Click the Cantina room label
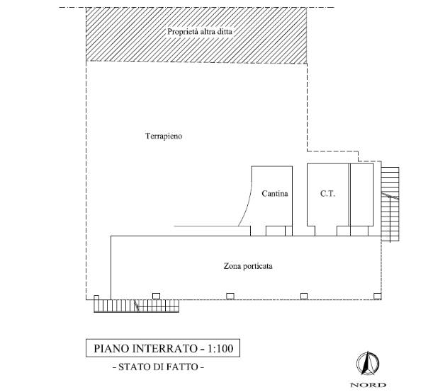275,194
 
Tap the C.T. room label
328,194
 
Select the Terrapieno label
164,136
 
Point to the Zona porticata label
248,266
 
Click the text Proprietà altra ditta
200,31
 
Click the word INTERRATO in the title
165,348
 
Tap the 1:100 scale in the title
220,348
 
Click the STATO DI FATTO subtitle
158,367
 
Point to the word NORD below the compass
368,385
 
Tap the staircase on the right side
390,204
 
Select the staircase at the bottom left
137,306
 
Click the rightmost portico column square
377,296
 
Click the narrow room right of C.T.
361,195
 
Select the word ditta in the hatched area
225,31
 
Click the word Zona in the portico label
230,266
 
